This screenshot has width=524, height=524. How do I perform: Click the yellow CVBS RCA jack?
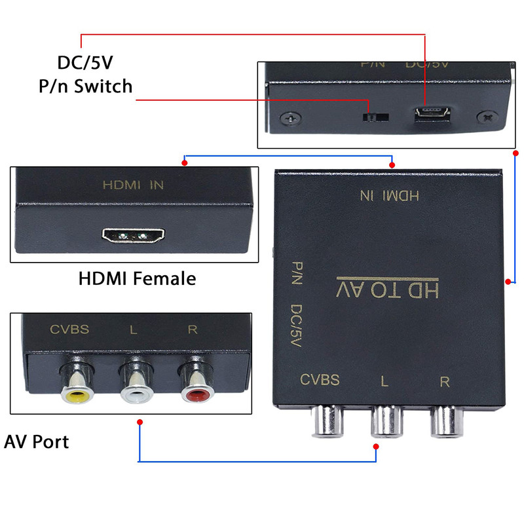click(x=74, y=390)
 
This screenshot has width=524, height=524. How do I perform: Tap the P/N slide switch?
click(x=375, y=117)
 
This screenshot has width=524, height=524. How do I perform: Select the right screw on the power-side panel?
click(x=488, y=117)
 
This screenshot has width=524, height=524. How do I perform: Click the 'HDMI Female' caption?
click(x=137, y=278)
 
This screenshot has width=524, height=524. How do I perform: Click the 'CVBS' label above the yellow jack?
click(x=69, y=329)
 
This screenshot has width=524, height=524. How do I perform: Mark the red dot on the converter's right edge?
click(x=508, y=282)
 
